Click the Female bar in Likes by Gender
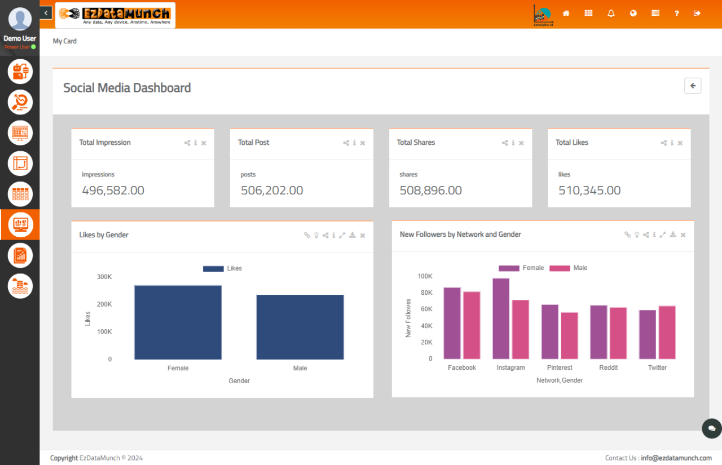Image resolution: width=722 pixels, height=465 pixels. pos(178,322)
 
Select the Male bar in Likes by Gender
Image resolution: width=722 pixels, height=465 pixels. pos(300,327)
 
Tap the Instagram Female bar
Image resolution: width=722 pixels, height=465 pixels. pos(501,318)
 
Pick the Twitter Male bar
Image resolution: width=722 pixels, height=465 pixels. pos(667,332)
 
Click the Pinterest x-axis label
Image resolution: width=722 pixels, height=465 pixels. pos(560,367)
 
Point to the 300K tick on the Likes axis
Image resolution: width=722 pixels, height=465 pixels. pos(104,277)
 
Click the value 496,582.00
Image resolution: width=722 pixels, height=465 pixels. pos(113,191)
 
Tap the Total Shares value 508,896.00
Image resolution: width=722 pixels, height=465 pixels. pos(430,191)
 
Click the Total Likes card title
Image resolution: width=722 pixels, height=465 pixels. pos(571,143)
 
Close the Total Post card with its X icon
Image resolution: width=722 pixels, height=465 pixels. pos(363,143)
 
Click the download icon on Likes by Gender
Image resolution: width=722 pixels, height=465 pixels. pos(353,235)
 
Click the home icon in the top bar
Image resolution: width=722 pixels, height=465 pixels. pos(566,14)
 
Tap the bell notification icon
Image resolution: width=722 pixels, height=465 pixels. pos(611,14)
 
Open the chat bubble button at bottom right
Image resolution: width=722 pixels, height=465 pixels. pos(711,428)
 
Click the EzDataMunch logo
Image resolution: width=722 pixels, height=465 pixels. pos(115,15)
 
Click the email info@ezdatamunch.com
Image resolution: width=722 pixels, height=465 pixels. pos(676,458)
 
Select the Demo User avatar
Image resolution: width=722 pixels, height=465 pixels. pos(20,19)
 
